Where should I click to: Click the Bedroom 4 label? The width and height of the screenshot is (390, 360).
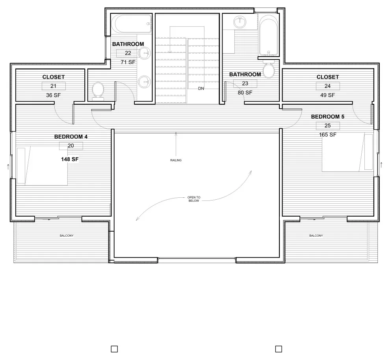[71, 137]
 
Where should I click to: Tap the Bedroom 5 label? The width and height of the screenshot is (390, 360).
[328, 117]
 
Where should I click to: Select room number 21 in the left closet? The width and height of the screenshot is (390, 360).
[54, 86]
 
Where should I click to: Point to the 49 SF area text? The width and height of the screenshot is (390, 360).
[328, 95]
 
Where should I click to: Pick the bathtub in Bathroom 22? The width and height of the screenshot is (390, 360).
[133, 24]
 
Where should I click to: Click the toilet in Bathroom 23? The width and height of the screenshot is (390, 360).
[269, 69]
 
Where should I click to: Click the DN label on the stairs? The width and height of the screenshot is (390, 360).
[201, 88]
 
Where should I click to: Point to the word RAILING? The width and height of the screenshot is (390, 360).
[176, 160]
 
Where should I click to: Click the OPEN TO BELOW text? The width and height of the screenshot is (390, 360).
[194, 199]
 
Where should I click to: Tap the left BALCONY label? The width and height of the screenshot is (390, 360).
[67, 236]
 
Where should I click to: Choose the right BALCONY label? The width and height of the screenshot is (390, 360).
[316, 236]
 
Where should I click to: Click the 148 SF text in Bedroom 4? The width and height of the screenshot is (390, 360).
[70, 159]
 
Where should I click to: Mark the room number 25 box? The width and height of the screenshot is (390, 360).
[328, 126]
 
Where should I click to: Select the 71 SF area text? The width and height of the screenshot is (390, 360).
[128, 62]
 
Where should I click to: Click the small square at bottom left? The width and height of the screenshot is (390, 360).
[114, 349]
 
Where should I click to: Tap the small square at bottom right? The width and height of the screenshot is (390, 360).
[279, 349]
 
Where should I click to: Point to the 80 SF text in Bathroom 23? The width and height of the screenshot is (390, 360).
[245, 93]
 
